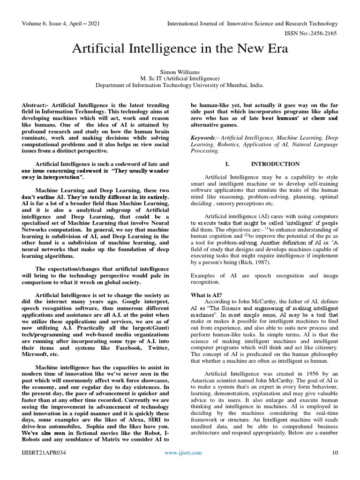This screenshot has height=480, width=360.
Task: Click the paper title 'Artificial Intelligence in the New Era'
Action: pyautogui.click(x=180, y=49)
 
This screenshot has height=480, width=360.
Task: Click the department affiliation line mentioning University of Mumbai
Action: pyautogui.click(x=180, y=86)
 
